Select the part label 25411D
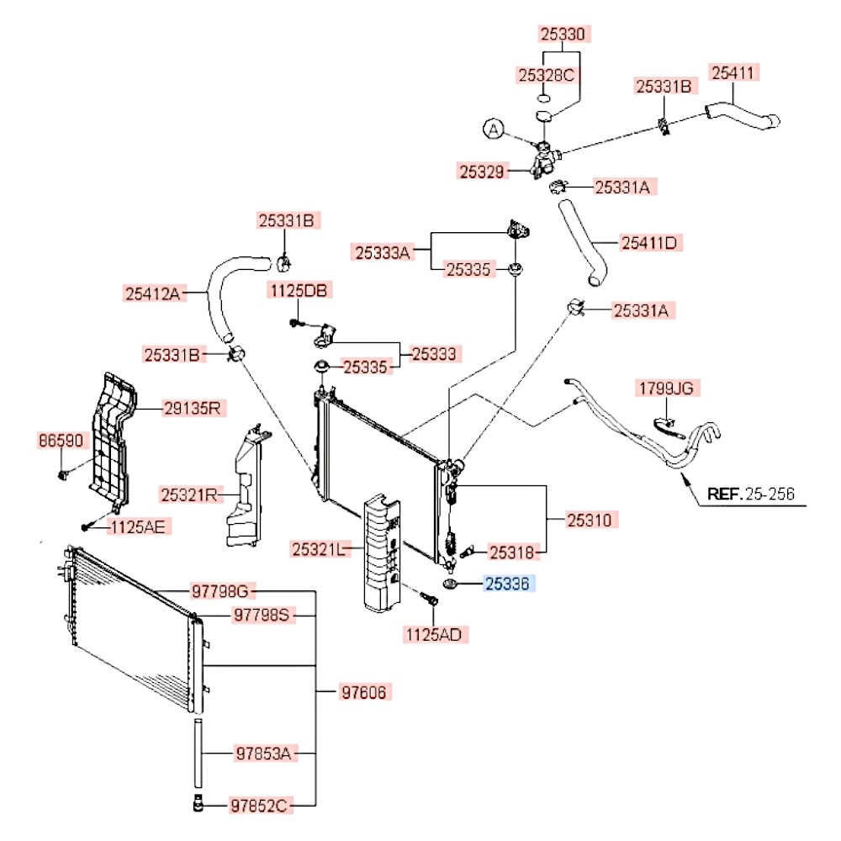click(x=648, y=243)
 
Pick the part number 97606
click(x=366, y=692)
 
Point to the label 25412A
click(x=152, y=294)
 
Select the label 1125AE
click(x=140, y=527)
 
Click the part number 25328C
click(x=545, y=76)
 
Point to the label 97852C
click(x=261, y=807)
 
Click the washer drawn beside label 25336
click(x=449, y=584)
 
